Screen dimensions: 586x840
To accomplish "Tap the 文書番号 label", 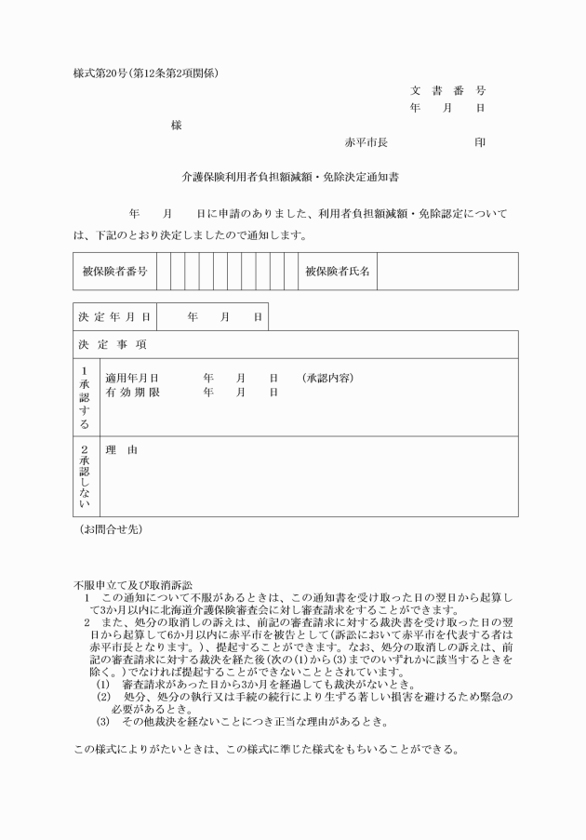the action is click(447, 90).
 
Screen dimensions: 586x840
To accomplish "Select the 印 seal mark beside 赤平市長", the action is click(479, 142).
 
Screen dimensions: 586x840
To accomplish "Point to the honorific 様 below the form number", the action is click(176, 125).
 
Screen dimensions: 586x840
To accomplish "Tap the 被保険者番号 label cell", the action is click(114, 272).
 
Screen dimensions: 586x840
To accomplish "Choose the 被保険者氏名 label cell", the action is click(338, 272).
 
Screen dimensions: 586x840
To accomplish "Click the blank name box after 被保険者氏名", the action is click(446, 272).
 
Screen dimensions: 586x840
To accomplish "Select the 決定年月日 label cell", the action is click(114, 317).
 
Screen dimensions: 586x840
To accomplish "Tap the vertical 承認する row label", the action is click(85, 396).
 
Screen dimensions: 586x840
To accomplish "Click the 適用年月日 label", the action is click(132, 379).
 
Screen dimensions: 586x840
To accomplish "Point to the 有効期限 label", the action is click(132, 393).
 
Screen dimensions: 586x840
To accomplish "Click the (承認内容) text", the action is click(327, 379).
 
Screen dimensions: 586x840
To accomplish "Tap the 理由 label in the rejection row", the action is click(122, 450).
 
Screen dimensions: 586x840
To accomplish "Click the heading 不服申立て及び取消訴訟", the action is click(133, 583).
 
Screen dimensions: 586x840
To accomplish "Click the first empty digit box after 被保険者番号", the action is click(164, 272).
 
